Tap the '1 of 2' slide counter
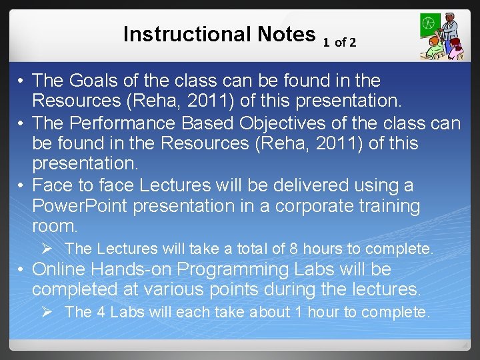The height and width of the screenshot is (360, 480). click(339, 43)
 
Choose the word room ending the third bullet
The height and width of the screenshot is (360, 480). click(53, 227)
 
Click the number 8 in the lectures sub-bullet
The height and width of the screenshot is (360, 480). click(294, 249)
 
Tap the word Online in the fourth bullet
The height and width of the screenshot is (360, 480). click(61, 269)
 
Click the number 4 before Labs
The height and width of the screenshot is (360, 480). click(102, 311)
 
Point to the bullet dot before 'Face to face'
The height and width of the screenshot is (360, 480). click(21, 185)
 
